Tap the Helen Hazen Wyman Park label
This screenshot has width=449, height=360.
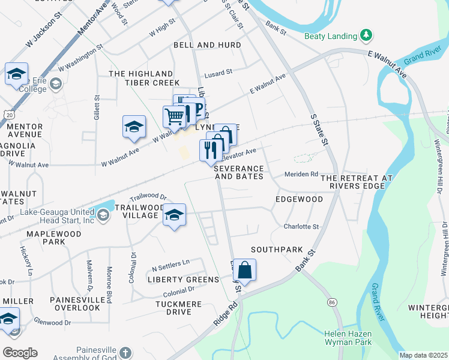[348, 338]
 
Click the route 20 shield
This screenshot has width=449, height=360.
[8, 114]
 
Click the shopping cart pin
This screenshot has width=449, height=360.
[174, 116]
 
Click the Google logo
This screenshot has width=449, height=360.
[20, 353]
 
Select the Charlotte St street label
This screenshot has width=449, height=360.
[301, 227]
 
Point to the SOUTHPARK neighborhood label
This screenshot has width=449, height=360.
[277, 249]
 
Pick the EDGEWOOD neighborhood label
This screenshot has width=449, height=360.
[299, 199]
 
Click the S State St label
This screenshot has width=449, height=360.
[319, 130]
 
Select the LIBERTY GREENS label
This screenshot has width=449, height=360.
[183, 280]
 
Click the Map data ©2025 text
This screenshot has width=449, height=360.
[423, 355]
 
